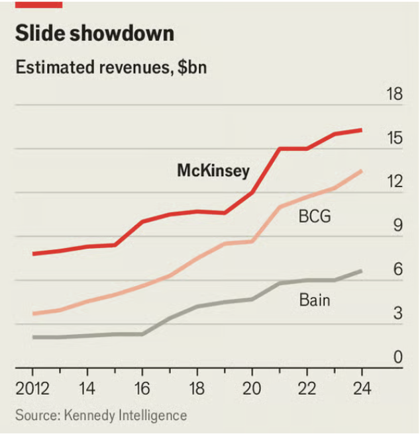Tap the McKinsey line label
click(213, 171)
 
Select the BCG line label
click(315, 216)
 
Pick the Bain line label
click(315, 300)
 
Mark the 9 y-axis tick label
click(398, 226)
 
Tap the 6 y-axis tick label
click(398, 269)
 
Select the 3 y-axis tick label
click(398, 313)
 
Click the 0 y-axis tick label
click(398, 357)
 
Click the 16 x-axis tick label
click(142, 387)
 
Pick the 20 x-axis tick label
click(252, 387)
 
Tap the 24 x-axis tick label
click(362, 387)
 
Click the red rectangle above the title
click(38, 4)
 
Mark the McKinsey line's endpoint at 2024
click(362, 130)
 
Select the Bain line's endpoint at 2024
click(362, 271)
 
